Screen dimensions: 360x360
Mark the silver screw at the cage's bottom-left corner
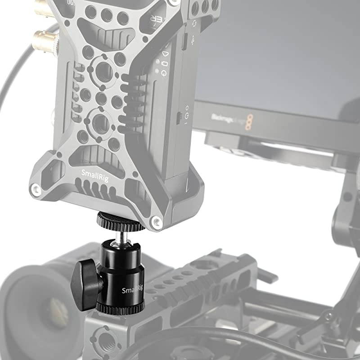click(x=36, y=190)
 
